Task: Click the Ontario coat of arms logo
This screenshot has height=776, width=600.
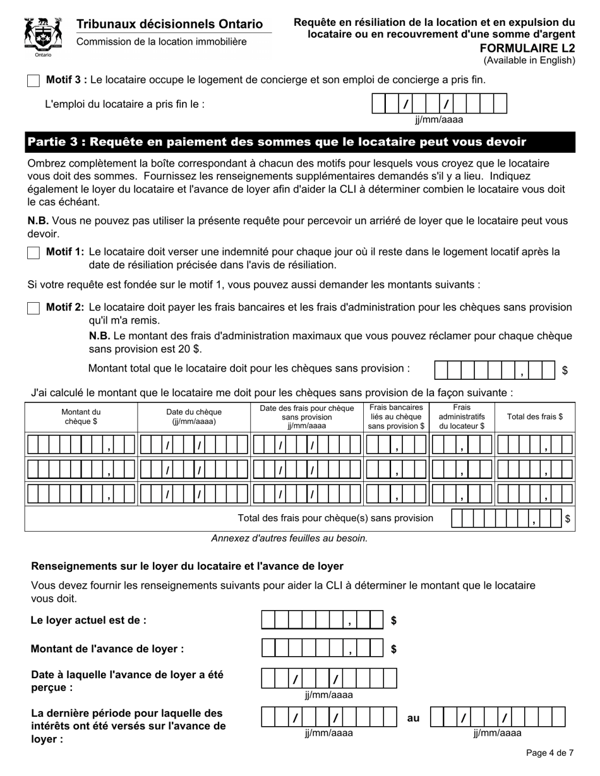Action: pos(43,37)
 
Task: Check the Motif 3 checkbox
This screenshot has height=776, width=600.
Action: pos(34,81)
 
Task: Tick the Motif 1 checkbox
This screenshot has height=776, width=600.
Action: pos(34,252)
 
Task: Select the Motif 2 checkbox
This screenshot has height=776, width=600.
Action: pos(34,308)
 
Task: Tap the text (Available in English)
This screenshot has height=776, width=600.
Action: pos(529,61)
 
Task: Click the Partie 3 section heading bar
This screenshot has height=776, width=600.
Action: pos(300,142)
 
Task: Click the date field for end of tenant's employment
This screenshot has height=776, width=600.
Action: pos(440,103)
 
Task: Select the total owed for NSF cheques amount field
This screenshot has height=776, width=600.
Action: pos(495,370)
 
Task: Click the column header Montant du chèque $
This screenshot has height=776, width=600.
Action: pos(81,416)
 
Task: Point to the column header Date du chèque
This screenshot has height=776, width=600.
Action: pos(194,416)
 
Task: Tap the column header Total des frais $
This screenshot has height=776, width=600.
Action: pos(534,416)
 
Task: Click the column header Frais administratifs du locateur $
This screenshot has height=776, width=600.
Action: pos(462,416)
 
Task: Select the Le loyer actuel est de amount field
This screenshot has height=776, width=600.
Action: pos(322,620)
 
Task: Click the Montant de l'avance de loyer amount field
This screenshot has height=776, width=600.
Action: pos(322,648)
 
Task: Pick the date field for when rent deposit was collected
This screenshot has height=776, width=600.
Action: pos(329,678)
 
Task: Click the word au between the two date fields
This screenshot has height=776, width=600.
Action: pos(413,718)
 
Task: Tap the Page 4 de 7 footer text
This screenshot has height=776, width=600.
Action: pos(549,753)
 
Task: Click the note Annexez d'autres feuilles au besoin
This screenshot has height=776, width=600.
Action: pos(289,538)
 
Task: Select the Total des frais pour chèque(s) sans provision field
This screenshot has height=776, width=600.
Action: pos(507,519)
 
